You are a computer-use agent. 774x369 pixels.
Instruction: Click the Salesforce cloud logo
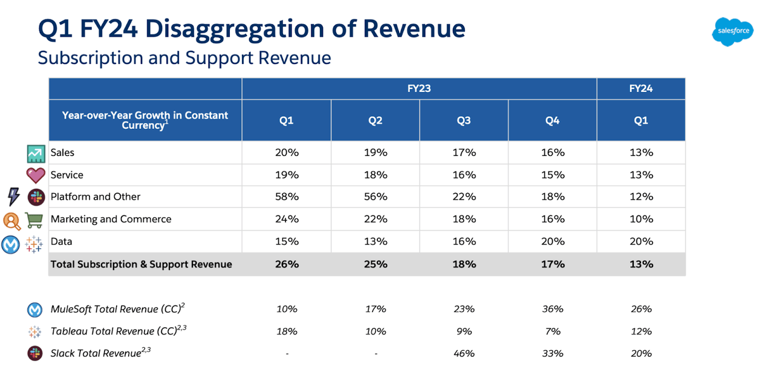pyautogui.click(x=732, y=31)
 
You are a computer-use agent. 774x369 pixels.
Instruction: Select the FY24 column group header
pyautogui.click(x=641, y=88)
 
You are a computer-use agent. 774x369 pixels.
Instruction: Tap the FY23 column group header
pyautogui.click(x=419, y=88)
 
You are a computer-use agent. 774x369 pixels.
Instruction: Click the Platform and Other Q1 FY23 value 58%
pyautogui.click(x=287, y=197)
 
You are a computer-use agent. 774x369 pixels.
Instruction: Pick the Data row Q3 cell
pyautogui.click(x=464, y=241)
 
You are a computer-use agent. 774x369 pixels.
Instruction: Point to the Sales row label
pyautogui.click(x=62, y=152)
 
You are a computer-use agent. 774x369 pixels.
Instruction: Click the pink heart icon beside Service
pyautogui.click(x=36, y=175)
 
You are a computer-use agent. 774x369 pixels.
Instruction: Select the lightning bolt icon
pyautogui.click(x=13, y=197)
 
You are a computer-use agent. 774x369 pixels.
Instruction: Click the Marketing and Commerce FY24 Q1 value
pyautogui.click(x=641, y=219)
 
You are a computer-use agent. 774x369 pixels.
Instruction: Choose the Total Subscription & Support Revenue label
pyautogui.click(x=141, y=264)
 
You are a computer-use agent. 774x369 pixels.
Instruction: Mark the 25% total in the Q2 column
pyautogui.click(x=375, y=264)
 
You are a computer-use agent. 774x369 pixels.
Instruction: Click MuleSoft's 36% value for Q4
pyautogui.click(x=552, y=309)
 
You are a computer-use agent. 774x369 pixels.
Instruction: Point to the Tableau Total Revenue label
pyautogui.click(x=114, y=331)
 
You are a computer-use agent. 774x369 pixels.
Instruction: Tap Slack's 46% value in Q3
pyautogui.click(x=464, y=353)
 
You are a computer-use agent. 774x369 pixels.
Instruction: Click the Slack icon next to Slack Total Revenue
pyautogui.click(x=36, y=353)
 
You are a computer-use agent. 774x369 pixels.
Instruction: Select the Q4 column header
pyautogui.click(x=552, y=120)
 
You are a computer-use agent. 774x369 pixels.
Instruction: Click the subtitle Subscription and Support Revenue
pyautogui.click(x=184, y=57)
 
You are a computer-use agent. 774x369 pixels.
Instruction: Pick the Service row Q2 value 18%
pyautogui.click(x=375, y=175)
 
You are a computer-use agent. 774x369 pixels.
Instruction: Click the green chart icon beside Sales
pyautogui.click(x=36, y=154)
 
